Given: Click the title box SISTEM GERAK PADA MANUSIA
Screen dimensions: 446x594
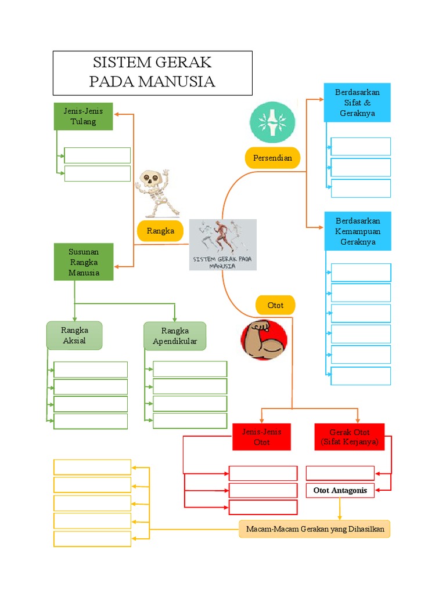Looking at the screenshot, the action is pyautogui.click(x=153, y=73).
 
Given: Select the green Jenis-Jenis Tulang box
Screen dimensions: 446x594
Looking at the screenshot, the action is pyautogui.click(x=84, y=116).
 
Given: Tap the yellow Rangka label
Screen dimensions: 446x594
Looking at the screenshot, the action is pyautogui.click(x=160, y=231).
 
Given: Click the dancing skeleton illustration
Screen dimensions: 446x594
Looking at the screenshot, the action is pyautogui.click(x=157, y=193).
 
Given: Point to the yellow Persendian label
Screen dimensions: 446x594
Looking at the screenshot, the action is pyautogui.click(x=272, y=158).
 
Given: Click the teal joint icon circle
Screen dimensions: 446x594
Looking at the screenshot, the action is pyautogui.click(x=272, y=122).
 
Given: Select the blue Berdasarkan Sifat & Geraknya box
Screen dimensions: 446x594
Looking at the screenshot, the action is pyautogui.click(x=357, y=102).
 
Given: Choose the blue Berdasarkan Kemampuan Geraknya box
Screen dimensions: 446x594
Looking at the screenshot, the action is pyautogui.click(x=358, y=231).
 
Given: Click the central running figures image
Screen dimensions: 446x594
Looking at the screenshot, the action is pyautogui.click(x=223, y=245).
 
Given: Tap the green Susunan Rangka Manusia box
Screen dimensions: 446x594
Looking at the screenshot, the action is pyautogui.click(x=84, y=262).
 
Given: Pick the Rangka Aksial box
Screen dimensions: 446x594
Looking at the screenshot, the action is pyautogui.click(x=74, y=336).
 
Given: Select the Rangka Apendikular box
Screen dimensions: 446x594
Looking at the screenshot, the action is pyautogui.click(x=175, y=336).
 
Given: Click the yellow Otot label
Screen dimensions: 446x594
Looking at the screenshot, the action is pyautogui.click(x=275, y=305).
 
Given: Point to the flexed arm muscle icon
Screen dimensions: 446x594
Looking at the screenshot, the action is pyautogui.click(x=264, y=340).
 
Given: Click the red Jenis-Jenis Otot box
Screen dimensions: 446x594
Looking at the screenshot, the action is pyautogui.click(x=262, y=437).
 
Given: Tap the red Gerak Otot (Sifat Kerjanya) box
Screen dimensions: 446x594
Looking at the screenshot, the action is pyautogui.click(x=349, y=437).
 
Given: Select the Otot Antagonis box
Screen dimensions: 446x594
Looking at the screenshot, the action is pyautogui.click(x=340, y=490).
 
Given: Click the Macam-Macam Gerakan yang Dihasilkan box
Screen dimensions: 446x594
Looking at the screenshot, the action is pyautogui.click(x=315, y=529).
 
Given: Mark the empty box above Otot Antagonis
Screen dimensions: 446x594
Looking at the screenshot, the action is pyautogui.click(x=340, y=473).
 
